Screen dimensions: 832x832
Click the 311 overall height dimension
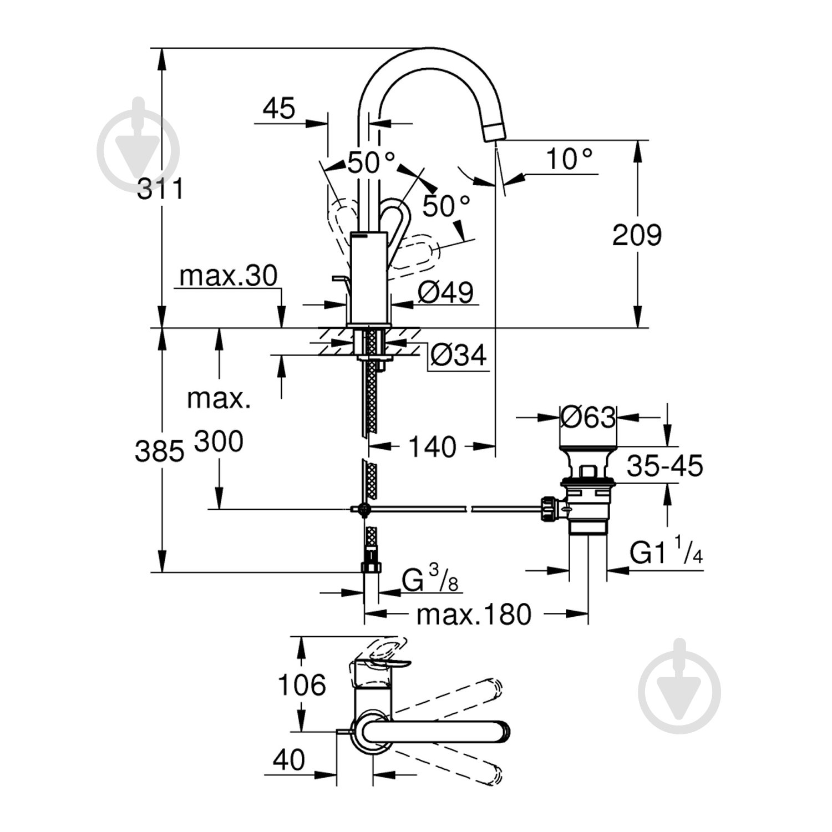coord(160,190)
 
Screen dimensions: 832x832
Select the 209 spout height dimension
coord(637,235)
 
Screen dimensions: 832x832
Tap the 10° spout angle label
coord(569,159)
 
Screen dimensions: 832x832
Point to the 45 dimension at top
coord(279,109)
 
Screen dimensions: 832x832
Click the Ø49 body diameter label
coord(445,293)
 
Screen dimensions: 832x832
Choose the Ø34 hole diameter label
coord(458,355)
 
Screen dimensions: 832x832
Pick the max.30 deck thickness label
coord(228,276)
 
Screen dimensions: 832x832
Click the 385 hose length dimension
coord(159,451)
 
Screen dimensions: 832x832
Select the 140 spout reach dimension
coord(433,447)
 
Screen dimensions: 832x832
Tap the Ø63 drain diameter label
coord(588,417)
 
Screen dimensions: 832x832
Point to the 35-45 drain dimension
coord(664,466)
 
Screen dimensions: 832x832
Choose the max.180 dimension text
coord(474,614)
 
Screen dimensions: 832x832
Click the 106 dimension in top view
coord(301,685)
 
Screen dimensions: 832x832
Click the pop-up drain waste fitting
coord(587,488)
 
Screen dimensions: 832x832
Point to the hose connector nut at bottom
coord(370,567)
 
